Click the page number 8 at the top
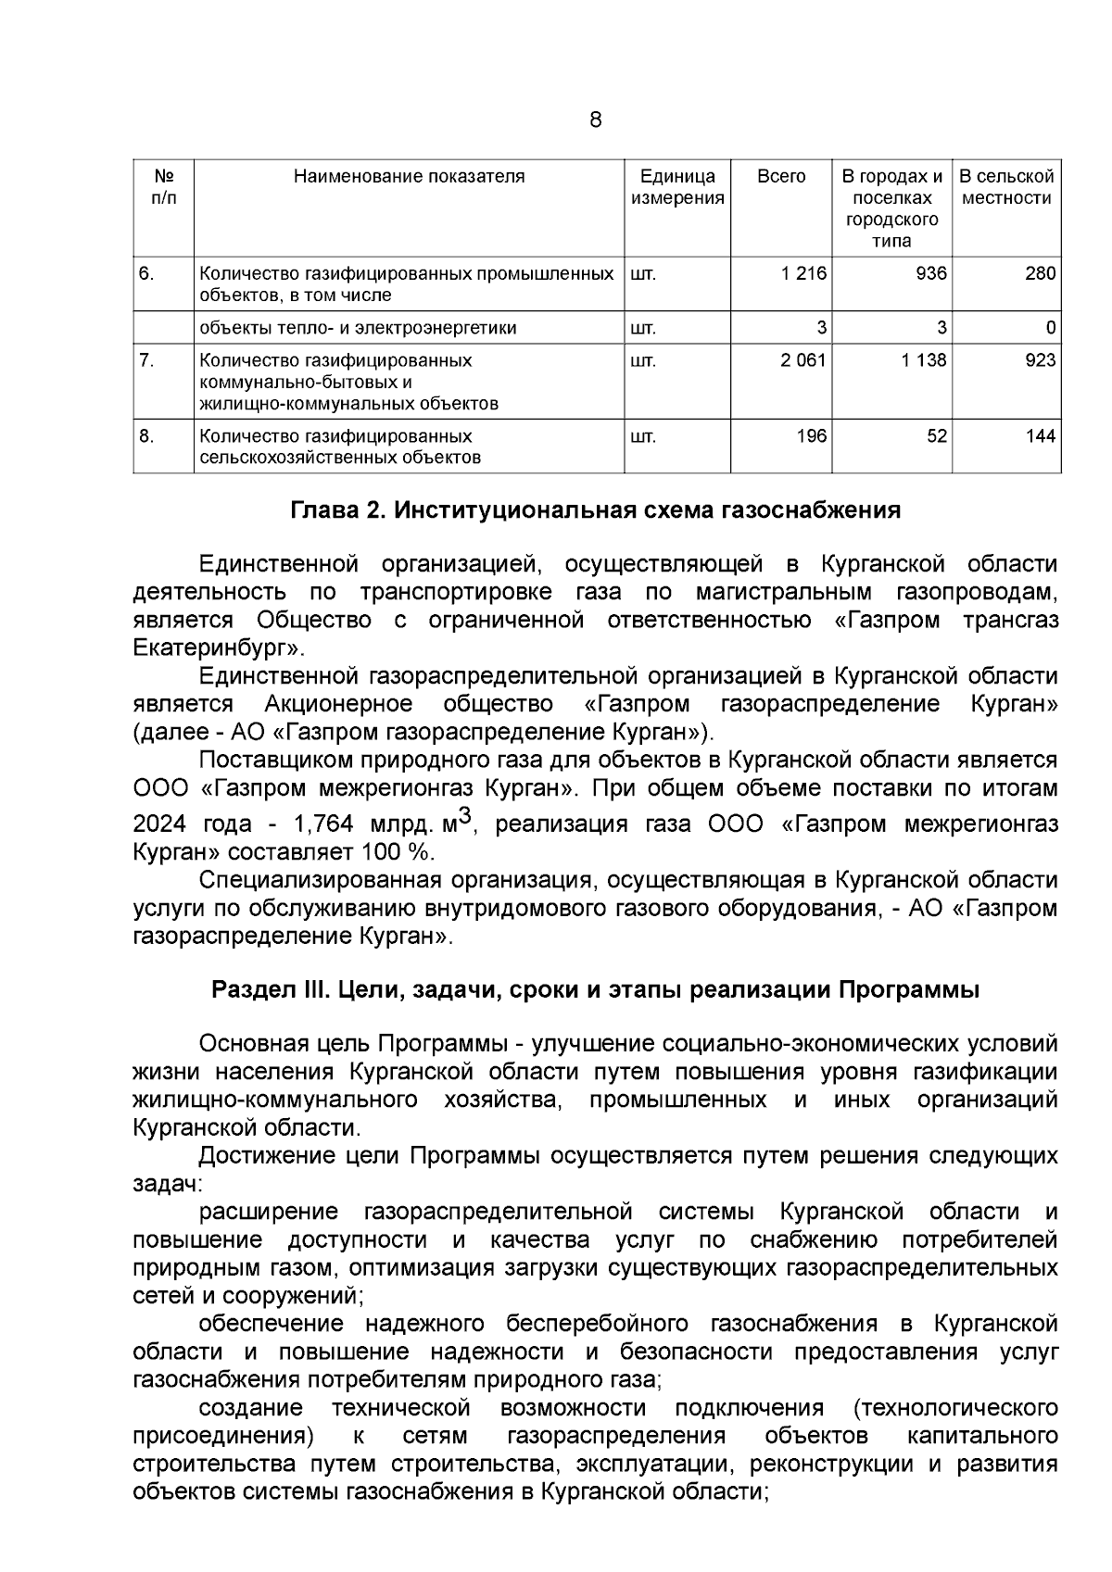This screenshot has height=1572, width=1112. pos(595,119)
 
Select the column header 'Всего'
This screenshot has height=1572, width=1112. pos(781,176)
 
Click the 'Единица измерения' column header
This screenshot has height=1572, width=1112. pos(677,186)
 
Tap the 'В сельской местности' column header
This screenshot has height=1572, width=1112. pos(1006,186)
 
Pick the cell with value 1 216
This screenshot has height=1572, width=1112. pos(802,273)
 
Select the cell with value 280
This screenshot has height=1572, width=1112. pos(1040,273)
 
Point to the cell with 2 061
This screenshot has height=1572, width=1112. pos(802,359)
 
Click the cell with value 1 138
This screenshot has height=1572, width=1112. pos(924,359)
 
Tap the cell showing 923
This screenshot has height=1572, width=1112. pos(1040,359)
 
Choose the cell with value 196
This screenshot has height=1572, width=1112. pos(811,435)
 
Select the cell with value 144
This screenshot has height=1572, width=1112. pos(1040,435)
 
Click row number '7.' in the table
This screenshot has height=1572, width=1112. pos(146,359)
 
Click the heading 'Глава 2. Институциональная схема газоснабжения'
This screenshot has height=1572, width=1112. pos(596,510)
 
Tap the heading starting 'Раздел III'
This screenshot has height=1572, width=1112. pos(596,990)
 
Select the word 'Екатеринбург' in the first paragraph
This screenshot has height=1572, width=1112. pos(217,647)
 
